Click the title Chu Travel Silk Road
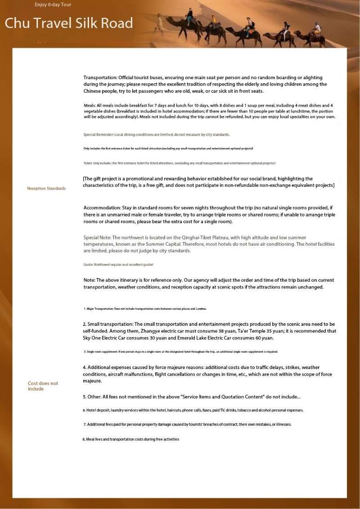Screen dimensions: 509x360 (x=69, y=23)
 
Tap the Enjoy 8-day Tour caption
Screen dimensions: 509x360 (x=53, y=5)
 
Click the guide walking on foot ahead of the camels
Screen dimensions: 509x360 (x=159, y=23)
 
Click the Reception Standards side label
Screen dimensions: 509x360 (x=46, y=188)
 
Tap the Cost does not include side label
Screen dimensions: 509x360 (x=43, y=386)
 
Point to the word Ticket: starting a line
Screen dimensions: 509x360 (x=88, y=163)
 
